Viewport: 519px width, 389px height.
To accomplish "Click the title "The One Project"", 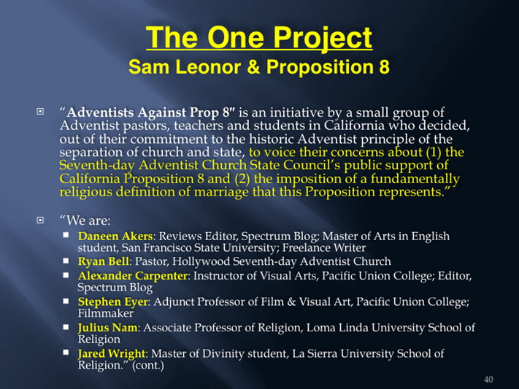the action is coord(259,38).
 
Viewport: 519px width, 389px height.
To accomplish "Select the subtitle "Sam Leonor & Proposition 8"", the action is coord(259,66).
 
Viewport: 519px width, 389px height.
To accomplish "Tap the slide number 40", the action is coord(488,380).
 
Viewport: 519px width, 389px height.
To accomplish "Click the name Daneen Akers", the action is coord(115,236).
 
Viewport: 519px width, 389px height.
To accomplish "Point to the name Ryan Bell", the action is coord(103,261).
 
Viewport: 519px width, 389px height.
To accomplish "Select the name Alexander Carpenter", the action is coord(132,276).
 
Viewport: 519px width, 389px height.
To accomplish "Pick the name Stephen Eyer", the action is coord(112,302).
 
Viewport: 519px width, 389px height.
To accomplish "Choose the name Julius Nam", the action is coord(107,328).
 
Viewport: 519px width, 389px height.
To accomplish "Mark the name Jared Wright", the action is coord(112,353).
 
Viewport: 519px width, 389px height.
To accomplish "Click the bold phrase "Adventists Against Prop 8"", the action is coord(150,112).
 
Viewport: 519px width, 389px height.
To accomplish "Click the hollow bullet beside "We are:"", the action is coord(40,220).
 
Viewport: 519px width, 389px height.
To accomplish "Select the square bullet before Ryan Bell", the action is coord(66,261).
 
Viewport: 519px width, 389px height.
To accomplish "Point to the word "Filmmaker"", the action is coord(106,313).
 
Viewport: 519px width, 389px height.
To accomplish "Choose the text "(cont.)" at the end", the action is coord(148,366).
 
